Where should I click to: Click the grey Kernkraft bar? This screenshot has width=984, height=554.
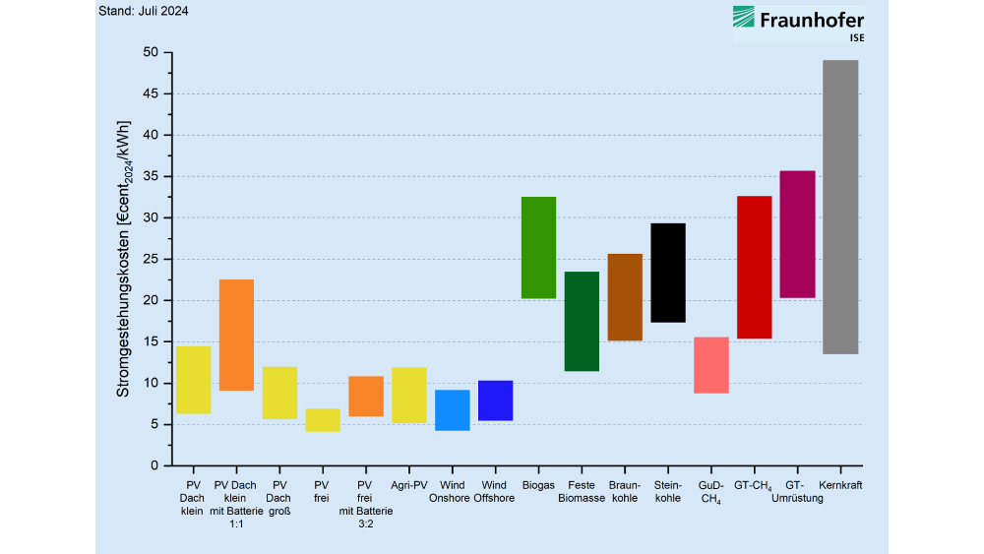pyautogui.click(x=840, y=207)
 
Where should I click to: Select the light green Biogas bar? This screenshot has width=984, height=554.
pyautogui.click(x=538, y=248)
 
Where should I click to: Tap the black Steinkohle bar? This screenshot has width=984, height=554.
pyautogui.click(x=668, y=273)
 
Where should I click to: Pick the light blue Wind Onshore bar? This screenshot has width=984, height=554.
pyautogui.click(x=453, y=410)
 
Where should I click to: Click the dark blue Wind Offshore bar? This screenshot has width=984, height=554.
pyautogui.click(x=495, y=400)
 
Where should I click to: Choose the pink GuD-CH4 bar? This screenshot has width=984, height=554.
pyautogui.click(x=711, y=365)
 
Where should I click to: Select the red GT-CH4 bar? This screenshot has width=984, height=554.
pyautogui.click(x=755, y=268)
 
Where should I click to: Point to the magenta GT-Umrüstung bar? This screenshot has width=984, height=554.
pyautogui.click(x=798, y=234)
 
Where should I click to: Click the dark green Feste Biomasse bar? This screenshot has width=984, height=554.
pyautogui.click(x=582, y=321)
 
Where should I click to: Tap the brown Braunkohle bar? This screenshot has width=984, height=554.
pyautogui.click(x=625, y=297)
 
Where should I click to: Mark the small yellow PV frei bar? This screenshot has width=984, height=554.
pyautogui.click(x=323, y=420)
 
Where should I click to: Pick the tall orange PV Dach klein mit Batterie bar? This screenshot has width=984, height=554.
pyautogui.click(x=236, y=335)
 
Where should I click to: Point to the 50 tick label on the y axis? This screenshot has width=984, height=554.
pyautogui.click(x=151, y=52)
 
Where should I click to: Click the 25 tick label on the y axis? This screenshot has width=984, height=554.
pyautogui.click(x=151, y=259)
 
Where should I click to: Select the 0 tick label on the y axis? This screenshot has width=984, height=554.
pyautogui.click(x=154, y=465)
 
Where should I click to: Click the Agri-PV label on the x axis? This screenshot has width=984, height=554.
pyautogui.click(x=409, y=485)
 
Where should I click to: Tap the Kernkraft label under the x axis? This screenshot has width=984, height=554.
pyautogui.click(x=840, y=485)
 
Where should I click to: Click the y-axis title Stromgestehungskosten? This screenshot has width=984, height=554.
pyautogui.click(x=124, y=259)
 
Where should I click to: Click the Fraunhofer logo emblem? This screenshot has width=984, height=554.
pyautogui.click(x=744, y=17)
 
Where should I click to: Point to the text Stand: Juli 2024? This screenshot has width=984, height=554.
pyautogui.click(x=143, y=11)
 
